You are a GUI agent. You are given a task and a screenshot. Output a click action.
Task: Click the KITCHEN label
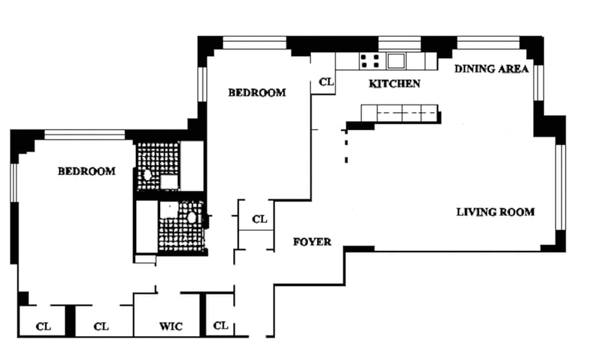[x=395, y=84]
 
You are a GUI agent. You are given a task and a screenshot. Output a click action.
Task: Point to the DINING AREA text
[x=492, y=69]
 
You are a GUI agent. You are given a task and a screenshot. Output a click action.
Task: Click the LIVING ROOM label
[x=496, y=212]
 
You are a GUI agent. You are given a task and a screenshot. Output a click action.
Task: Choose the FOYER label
[x=312, y=242]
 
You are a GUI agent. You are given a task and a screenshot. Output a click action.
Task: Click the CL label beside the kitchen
[x=326, y=82]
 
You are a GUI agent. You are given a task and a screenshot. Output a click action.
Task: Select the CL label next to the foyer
[x=259, y=220]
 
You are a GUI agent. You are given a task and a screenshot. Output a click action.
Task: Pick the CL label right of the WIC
[x=221, y=326]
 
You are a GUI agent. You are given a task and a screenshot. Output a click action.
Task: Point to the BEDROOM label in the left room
[x=87, y=171]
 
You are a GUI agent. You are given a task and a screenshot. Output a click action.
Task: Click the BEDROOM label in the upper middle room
[x=257, y=93]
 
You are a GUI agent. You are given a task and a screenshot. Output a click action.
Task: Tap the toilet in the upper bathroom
[x=148, y=175]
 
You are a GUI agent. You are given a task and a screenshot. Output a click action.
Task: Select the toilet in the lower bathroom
[x=192, y=218]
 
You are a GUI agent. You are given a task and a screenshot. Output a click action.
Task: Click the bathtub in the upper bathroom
[x=193, y=166]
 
